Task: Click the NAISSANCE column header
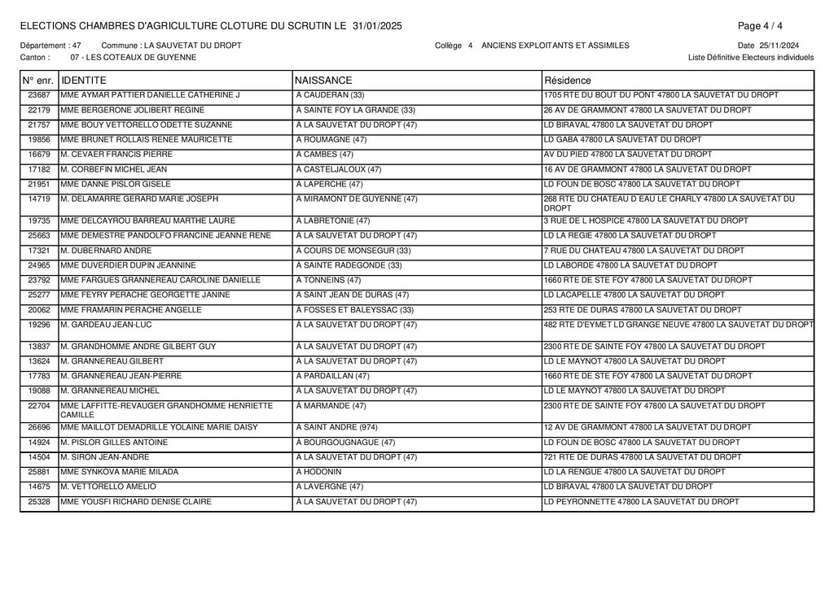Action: (x=323, y=81)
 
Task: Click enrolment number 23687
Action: (x=39, y=95)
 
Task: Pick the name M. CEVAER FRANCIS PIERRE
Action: (x=116, y=154)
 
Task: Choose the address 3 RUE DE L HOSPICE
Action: (x=645, y=220)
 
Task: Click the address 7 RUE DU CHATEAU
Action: (x=643, y=251)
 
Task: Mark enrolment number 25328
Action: (x=39, y=502)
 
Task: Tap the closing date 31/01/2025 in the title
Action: (x=377, y=26)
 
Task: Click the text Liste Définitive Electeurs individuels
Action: (x=750, y=58)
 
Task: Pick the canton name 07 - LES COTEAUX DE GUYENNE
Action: (x=133, y=58)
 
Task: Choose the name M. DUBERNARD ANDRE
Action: (x=106, y=251)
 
